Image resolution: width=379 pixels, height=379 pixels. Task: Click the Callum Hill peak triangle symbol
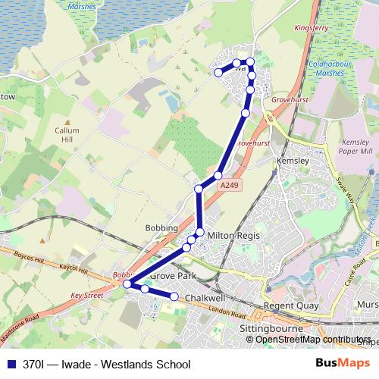[67, 122]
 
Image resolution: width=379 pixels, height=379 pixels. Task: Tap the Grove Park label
[172, 277]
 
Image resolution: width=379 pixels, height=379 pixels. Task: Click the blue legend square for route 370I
[11, 365]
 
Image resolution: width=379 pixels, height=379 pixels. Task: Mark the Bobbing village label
[161, 227]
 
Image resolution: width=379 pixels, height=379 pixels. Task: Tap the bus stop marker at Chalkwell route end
[174, 296]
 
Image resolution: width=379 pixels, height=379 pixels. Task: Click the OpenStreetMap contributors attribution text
[314, 339]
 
